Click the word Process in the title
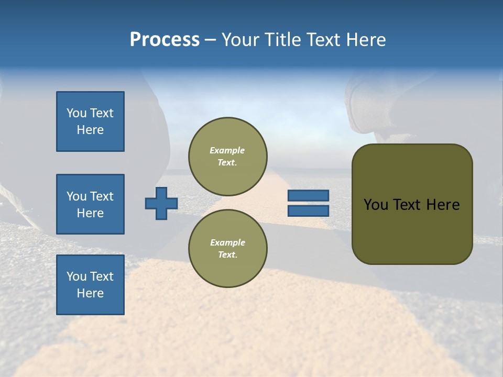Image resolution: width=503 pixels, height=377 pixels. (x=165, y=40)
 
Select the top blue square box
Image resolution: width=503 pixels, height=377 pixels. (x=90, y=121)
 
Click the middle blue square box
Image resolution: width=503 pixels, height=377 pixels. (x=90, y=204)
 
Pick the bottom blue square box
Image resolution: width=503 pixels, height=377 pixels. (x=90, y=284)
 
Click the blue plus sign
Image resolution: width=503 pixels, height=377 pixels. (x=161, y=203)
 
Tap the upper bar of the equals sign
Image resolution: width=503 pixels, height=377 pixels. (x=309, y=195)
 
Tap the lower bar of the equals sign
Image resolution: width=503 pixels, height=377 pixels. (x=309, y=210)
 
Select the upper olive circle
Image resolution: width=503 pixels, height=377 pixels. (x=228, y=157)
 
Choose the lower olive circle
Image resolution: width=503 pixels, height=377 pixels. (x=228, y=249)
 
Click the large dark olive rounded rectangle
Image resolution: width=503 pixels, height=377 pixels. (x=412, y=204)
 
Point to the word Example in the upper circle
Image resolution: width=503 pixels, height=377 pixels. (x=227, y=150)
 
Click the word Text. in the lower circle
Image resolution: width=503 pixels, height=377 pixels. (x=228, y=254)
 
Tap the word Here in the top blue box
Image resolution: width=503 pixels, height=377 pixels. (x=90, y=130)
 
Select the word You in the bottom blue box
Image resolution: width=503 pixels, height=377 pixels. (x=76, y=276)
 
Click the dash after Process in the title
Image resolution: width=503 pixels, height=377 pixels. (x=211, y=40)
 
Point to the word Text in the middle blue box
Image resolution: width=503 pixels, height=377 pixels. (x=102, y=196)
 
